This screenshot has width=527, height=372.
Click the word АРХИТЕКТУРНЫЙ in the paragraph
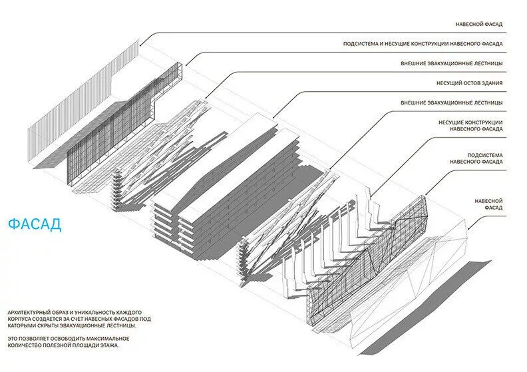(28, 311)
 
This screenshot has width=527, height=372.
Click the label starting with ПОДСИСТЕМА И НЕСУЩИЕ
(423, 44)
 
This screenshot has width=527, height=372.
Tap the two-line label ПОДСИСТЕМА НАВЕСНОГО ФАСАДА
(476, 158)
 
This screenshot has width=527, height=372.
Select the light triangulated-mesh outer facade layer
(426, 273)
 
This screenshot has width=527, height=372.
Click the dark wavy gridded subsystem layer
(373, 260)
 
